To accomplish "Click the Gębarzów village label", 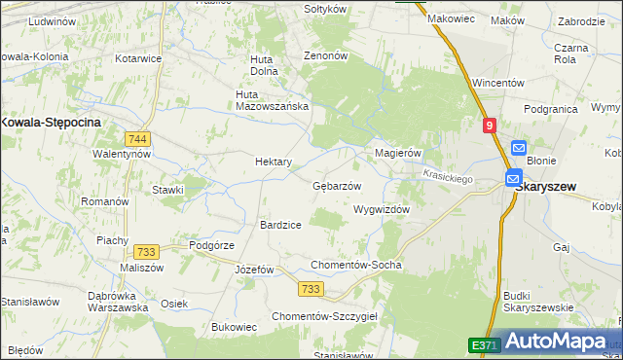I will [x=337, y=186].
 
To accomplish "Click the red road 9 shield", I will [x=489, y=125].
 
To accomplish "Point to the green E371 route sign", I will [x=484, y=344].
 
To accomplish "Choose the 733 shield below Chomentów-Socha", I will [x=311, y=289].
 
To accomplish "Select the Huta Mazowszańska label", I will [x=273, y=99].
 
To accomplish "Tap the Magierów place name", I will [x=397, y=154].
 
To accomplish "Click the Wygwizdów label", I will [x=381, y=209].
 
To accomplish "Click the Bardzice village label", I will [x=279, y=225].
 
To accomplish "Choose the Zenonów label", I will [x=326, y=56].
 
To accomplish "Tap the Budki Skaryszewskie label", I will [x=538, y=302].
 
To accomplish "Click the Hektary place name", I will [x=274, y=162].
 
